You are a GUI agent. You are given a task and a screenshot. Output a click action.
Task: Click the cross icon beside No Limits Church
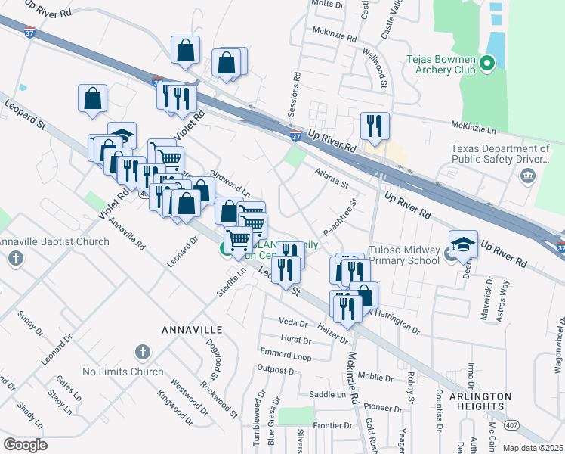[141, 352]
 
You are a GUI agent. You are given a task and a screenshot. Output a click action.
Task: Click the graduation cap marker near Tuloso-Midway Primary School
[464, 243]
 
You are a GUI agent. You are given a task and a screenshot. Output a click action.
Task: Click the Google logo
[26, 445]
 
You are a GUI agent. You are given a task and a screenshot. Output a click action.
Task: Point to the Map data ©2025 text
[532, 448]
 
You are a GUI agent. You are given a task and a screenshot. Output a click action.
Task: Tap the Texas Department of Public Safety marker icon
[527, 177]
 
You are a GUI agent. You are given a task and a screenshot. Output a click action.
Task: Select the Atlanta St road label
[332, 178]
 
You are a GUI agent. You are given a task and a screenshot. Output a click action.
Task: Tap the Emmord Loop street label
[286, 355]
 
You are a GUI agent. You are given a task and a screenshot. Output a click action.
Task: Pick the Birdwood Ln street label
[230, 182]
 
